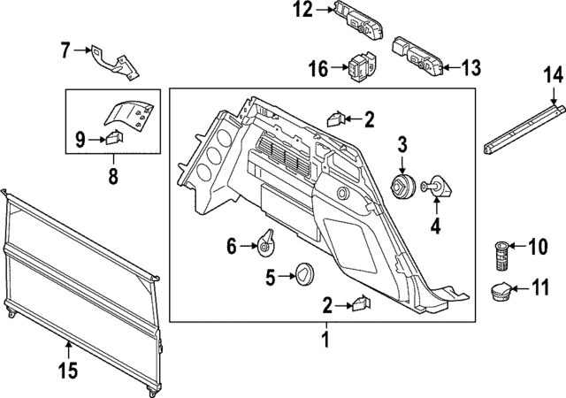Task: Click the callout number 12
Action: pyautogui.click(x=303, y=11)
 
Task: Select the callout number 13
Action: pyautogui.click(x=471, y=67)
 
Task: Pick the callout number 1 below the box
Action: pyautogui.click(x=325, y=339)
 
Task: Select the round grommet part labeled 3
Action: pyautogui.click(x=403, y=187)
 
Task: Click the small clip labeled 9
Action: pyautogui.click(x=114, y=138)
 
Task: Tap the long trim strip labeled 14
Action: pyautogui.click(x=524, y=126)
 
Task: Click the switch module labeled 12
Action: pyautogui.click(x=357, y=19)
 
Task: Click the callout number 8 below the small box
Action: pyautogui.click(x=113, y=176)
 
